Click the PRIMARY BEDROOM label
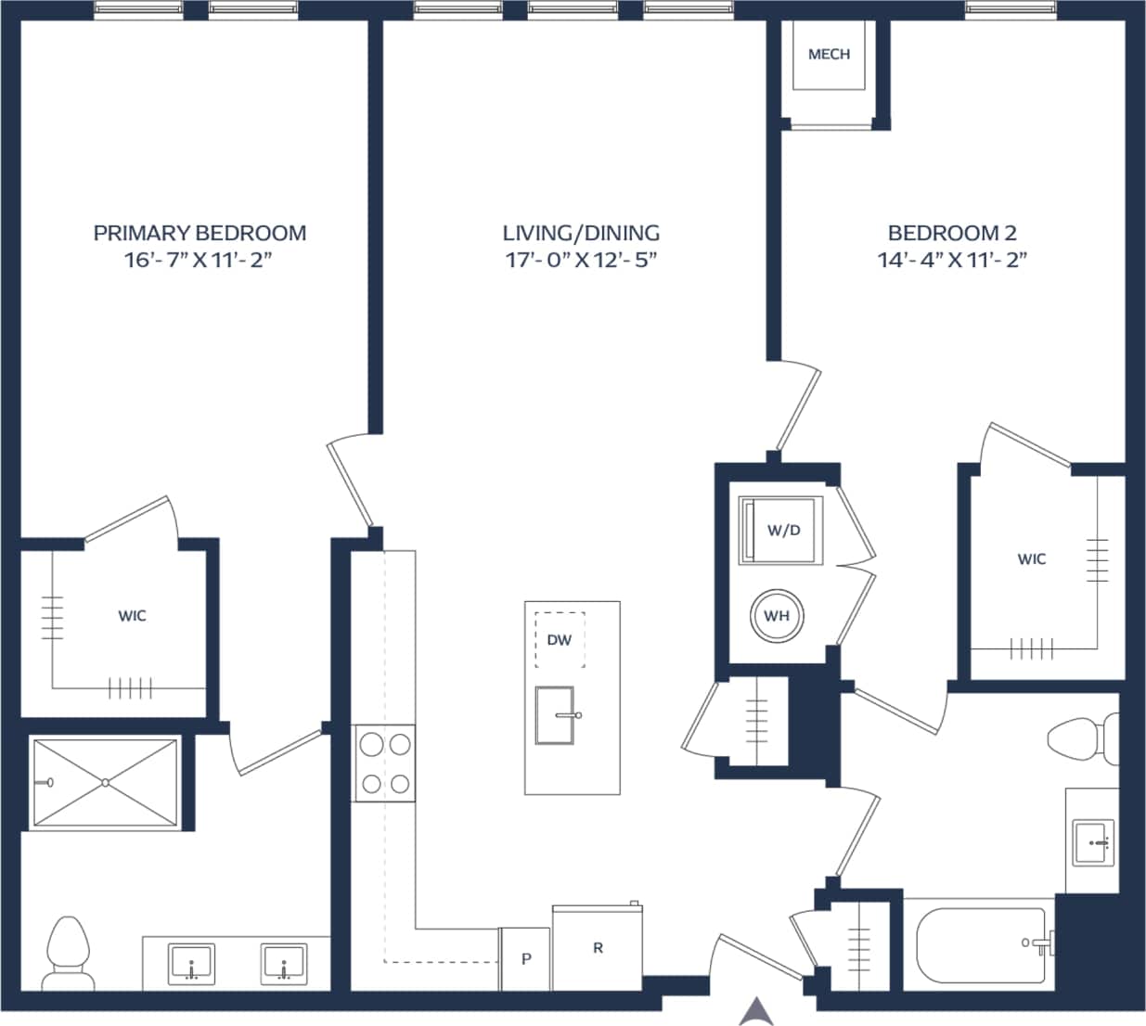pyautogui.click(x=200, y=233)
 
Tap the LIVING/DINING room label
pyautogui.click(x=581, y=233)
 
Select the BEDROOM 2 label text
pyautogui.click(x=952, y=233)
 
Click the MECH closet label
pyautogui.click(x=829, y=55)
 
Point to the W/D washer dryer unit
pyautogui.click(x=781, y=531)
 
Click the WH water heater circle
pyautogui.click(x=777, y=616)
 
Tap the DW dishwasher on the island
pyautogui.click(x=560, y=640)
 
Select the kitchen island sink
pyautogui.click(x=555, y=715)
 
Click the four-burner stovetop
pyautogui.click(x=385, y=763)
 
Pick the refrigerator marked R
pyautogui.click(x=598, y=948)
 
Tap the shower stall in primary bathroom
pyautogui.click(x=105, y=782)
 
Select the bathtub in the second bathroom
pyautogui.click(x=981, y=945)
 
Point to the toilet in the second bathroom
pyautogui.click(x=1082, y=738)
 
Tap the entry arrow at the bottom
pyautogui.click(x=757, y=1011)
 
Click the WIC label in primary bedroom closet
pyautogui.click(x=132, y=616)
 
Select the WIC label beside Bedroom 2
pyautogui.click(x=1032, y=559)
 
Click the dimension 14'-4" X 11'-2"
pyautogui.click(x=952, y=260)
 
